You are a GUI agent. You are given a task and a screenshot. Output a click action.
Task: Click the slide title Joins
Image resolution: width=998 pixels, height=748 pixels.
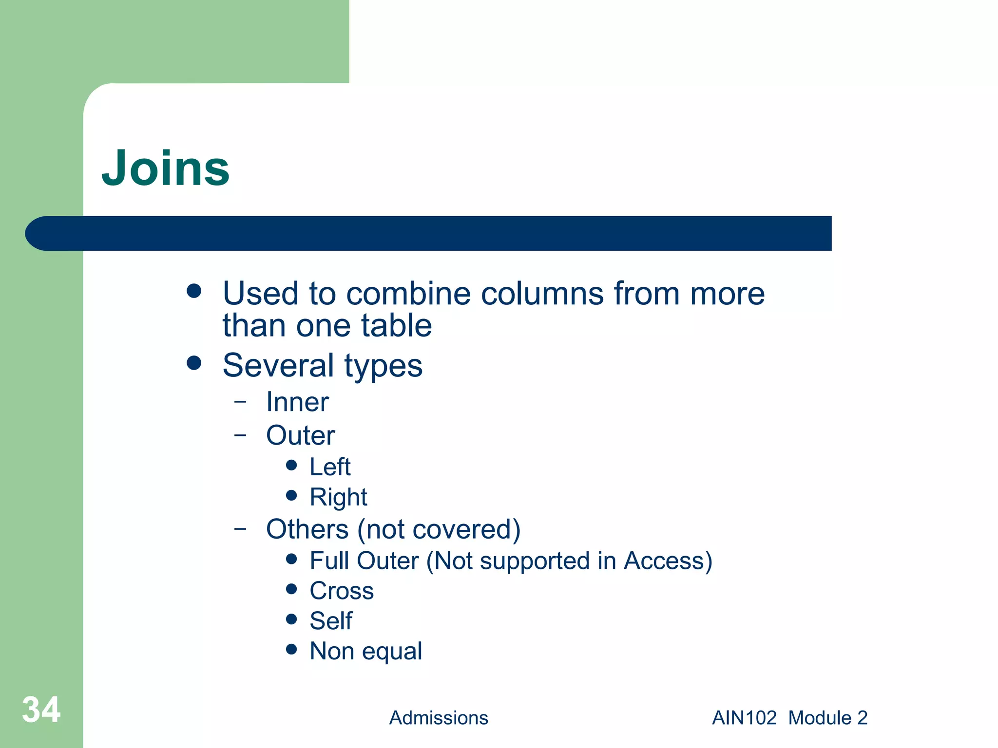[165, 168]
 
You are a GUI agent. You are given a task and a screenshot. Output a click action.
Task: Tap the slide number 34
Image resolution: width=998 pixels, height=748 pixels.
[41, 710]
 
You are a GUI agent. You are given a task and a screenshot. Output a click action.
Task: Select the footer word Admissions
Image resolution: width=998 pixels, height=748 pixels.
[438, 718]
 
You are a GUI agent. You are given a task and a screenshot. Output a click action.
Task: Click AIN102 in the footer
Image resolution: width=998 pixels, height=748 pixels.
[744, 718]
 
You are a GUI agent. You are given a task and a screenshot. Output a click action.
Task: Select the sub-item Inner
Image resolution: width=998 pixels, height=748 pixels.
[297, 402]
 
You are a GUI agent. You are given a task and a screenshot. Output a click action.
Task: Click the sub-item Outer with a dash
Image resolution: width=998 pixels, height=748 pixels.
[300, 435]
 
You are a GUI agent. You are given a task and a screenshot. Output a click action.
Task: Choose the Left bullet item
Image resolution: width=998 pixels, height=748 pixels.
[330, 467]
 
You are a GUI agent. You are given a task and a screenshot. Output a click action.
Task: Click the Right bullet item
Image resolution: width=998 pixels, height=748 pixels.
[338, 497]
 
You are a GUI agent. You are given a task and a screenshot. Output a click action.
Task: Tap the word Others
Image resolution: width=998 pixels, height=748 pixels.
[307, 529]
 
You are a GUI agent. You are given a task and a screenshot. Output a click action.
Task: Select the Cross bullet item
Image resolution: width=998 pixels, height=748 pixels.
[342, 591]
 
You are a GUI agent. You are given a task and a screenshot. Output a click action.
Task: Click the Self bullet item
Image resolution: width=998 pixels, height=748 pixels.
[331, 621]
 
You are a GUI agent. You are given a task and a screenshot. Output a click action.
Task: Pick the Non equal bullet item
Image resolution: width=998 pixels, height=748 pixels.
[365, 651]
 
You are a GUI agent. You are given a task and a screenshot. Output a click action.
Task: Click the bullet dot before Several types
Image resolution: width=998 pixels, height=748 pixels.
[194, 363]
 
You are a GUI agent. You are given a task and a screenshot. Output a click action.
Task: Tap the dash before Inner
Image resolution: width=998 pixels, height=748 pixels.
[240, 402]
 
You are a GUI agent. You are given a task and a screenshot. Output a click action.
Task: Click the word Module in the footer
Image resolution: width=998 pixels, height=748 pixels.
[820, 718]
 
